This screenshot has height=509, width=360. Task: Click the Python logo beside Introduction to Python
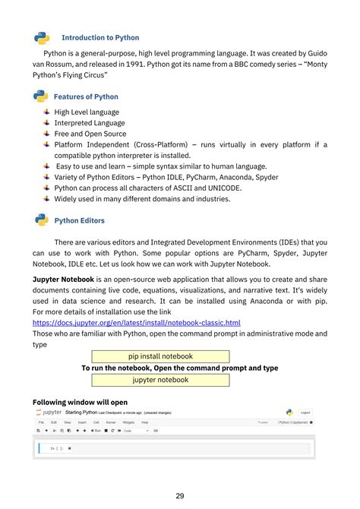tap(42, 37)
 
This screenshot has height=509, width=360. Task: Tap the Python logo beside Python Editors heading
tap(42, 220)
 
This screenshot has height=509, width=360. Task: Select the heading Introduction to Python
tap(100, 37)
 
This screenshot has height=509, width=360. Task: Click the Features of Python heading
tap(86, 96)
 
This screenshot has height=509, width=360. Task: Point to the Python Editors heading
tap(80, 221)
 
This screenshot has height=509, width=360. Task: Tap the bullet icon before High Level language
tap(46, 112)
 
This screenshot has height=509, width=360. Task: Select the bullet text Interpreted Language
tap(90, 122)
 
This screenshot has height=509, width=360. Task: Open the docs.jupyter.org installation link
tap(137, 323)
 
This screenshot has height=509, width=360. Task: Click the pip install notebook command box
tap(160, 356)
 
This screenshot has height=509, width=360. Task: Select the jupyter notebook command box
tap(160, 380)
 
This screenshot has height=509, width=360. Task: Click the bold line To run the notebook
tap(179, 368)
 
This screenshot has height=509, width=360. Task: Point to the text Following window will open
tap(80, 402)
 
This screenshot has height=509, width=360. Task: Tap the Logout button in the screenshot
tap(305, 413)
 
